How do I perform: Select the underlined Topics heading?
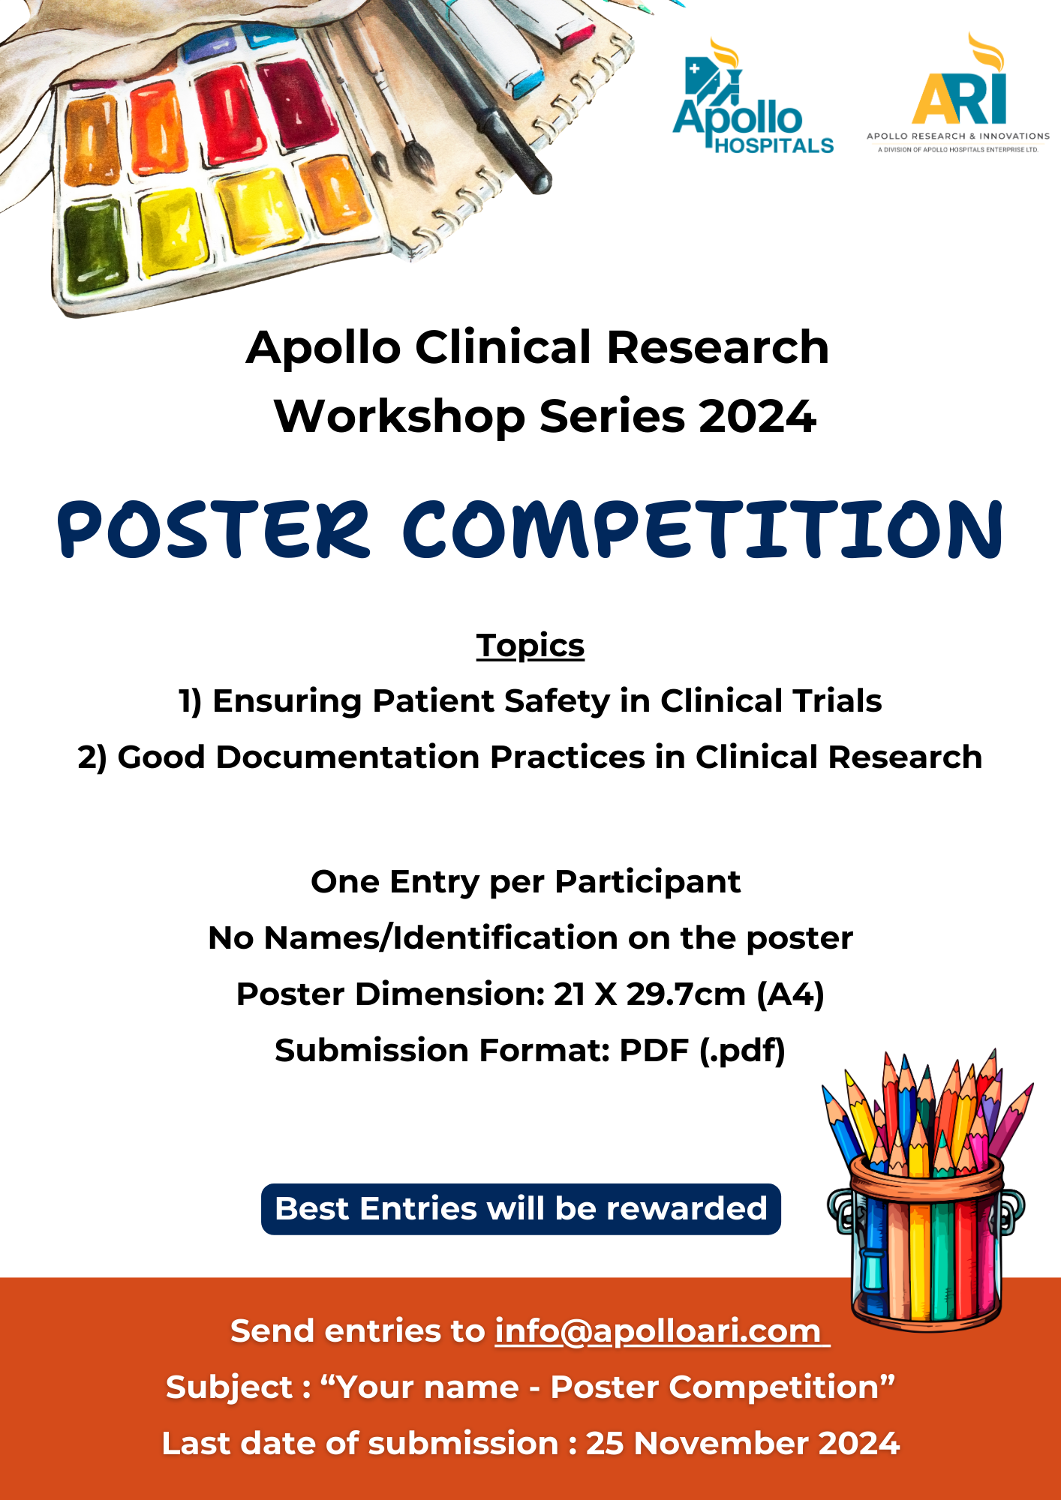coord(530,646)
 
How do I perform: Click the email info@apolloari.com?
coord(661,1331)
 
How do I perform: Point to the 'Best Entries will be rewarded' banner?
coord(521,1209)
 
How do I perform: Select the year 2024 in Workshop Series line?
coord(757,416)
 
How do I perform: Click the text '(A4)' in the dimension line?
coord(790,994)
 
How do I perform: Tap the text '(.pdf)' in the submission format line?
coord(742,1051)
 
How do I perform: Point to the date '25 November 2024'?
coord(742,1444)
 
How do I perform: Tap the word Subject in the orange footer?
coord(229,1388)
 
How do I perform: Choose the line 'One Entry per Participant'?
coord(526,882)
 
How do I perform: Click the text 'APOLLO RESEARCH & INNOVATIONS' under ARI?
coord(958,136)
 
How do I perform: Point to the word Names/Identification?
coord(443,938)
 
